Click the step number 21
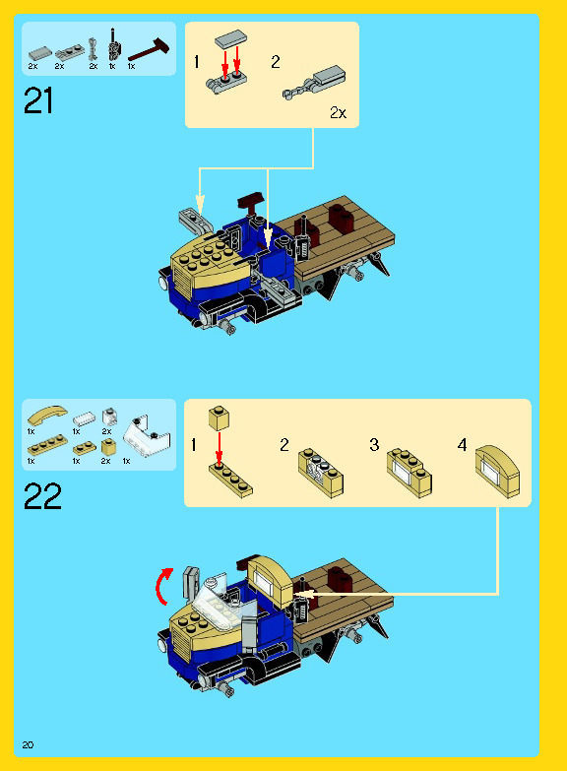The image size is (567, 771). tap(37, 100)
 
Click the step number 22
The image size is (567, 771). tap(42, 495)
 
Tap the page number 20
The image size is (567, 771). tap(28, 745)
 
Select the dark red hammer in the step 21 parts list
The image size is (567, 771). tap(149, 50)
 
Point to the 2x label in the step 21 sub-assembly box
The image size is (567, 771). tap(338, 112)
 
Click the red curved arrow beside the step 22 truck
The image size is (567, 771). tap(163, 585)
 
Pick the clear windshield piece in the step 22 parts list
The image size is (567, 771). tap(147, 435)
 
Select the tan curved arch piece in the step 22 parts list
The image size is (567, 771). tap(46, 415)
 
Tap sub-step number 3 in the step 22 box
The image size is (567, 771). tap(374, 445)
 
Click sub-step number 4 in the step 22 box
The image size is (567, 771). tap(462, 445)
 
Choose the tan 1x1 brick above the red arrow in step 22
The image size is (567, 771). tap(219, 418)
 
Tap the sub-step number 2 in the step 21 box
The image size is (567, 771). tap(276, 61)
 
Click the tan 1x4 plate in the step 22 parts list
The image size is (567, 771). tap(47, 444)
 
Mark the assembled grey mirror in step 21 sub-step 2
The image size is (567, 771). tap(315, 83)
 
